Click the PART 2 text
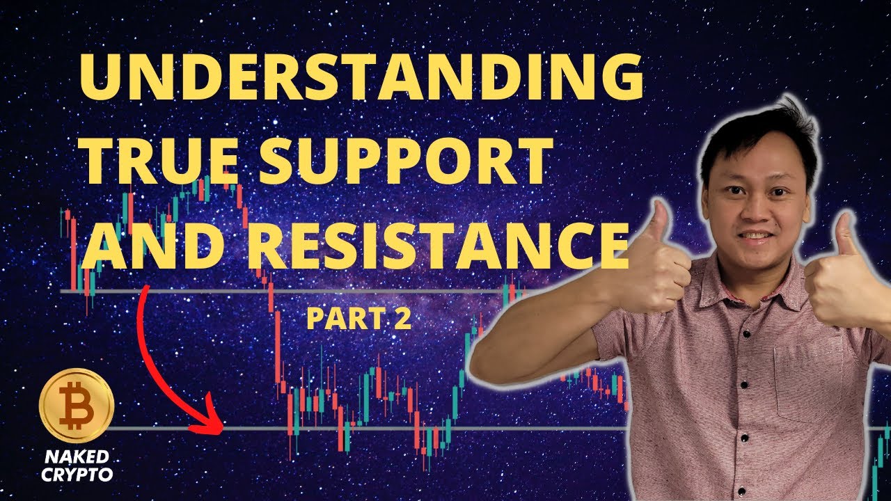click(x=358, y=319)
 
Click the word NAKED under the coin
click(x=77, y=457)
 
